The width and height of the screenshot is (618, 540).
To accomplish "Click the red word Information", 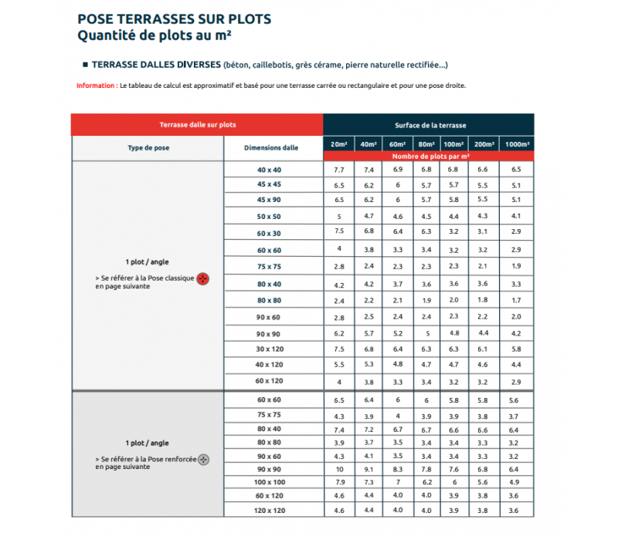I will point(96,86).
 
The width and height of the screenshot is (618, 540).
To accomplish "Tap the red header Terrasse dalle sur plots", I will point(197,124).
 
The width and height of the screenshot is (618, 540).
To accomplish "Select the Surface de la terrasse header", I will point(429,124).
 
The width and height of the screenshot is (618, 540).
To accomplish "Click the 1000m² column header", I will point(516,144).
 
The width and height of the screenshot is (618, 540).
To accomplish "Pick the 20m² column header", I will point(338,144).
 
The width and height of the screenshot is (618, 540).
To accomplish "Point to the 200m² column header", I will point(483,144).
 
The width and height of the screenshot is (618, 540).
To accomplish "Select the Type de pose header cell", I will point(148,147).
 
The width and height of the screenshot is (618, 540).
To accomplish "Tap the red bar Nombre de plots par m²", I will point(428,157).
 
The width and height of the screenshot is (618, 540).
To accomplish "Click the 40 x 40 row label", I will point(270,169).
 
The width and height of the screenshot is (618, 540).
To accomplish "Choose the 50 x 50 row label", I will point(270,217).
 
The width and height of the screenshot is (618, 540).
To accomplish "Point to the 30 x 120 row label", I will point(270,349).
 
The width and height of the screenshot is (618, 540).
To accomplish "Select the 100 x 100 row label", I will point(270,482).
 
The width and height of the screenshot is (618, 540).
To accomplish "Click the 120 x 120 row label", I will point(270,511).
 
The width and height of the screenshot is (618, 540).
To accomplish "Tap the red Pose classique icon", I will point(202,278).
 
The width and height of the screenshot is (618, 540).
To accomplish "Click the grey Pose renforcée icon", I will point(203,460).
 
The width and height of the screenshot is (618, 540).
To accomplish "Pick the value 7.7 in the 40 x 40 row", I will point(338,169).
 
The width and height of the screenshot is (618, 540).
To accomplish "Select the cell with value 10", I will point(338,469).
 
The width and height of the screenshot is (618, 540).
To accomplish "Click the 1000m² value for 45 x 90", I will point(516,199).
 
